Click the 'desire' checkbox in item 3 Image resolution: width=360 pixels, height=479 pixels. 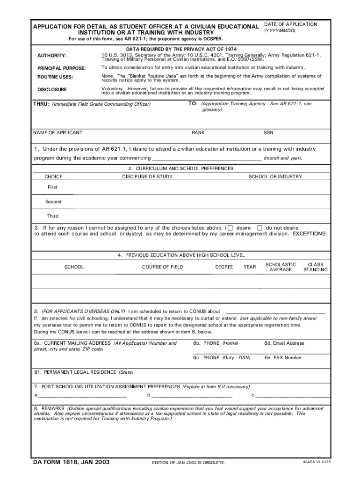coord(230,228)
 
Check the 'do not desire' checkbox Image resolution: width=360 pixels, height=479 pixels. coord(260,228)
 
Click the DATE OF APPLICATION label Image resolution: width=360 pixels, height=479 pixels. coord(290,24)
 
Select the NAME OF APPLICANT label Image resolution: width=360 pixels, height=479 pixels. coord(58,133)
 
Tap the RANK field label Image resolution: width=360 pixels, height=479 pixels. coord(198,133)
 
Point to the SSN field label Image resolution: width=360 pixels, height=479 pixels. coord(268,133)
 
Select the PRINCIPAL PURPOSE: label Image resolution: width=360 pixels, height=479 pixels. coord(61,68)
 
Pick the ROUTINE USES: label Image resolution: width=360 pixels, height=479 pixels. coord(55,77)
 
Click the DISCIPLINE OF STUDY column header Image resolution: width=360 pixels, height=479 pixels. coord(147,177)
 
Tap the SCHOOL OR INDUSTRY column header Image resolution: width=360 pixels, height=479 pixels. coord(275,177)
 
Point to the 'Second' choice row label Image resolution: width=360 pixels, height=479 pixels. coord(53,202)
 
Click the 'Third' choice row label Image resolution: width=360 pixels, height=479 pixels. coord(53,216)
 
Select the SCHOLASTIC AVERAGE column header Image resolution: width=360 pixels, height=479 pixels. coord(281,267)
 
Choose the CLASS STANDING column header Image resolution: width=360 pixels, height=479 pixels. coord(316,267)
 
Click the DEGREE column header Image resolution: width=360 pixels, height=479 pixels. coord(224,267)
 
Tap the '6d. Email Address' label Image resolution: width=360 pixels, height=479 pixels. coord(284,343)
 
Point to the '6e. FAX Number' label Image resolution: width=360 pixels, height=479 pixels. coord(283,358)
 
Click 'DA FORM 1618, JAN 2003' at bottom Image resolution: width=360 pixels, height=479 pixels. coord(71,462)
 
